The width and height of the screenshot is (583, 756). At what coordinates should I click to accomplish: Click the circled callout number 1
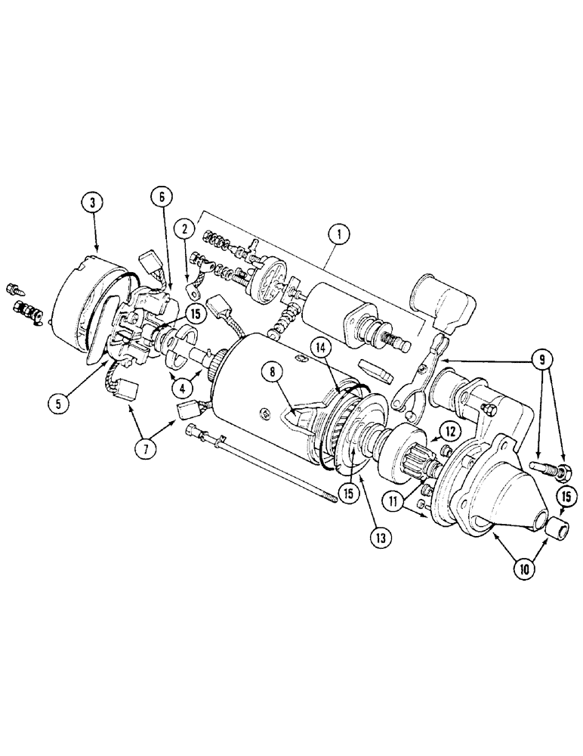(339, 235)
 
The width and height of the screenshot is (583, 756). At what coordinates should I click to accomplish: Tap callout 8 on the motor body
(273, 371)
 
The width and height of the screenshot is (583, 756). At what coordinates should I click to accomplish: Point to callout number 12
(450, 432)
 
